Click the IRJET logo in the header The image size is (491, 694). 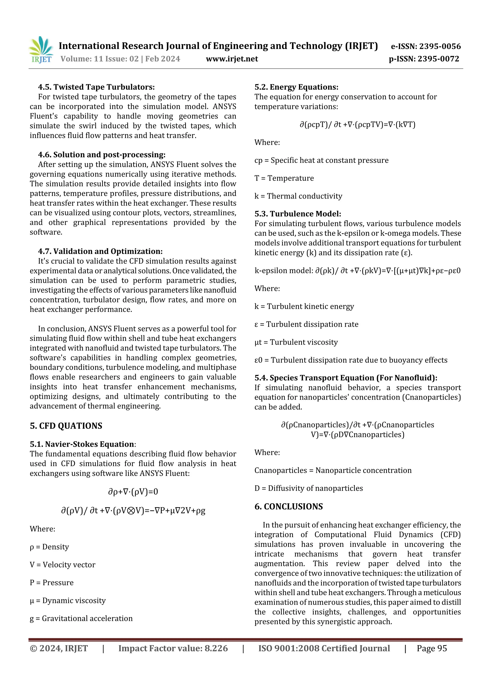click(x=41, y=50)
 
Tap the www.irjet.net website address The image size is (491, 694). click(x=232, y=59)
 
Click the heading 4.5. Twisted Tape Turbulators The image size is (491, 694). click(x=96, y=87)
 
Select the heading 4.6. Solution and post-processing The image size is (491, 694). click(x=102, y=155)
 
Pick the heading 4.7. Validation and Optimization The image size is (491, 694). click(x=100, y=251)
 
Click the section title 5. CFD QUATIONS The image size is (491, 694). click(x=66, y=426)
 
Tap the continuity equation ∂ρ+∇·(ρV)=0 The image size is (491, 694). click(x=133, y=492)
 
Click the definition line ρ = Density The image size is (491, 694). click(x=49, y=547)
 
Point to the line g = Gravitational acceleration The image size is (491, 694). click(x=81, y=619)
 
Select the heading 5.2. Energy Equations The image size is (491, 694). click(x=296, y=87)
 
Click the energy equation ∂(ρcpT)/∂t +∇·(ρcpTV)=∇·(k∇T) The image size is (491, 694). click(x=357, y=125)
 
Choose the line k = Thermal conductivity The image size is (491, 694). click(x=298, y=196)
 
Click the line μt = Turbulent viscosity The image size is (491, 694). click(x=296, y=342)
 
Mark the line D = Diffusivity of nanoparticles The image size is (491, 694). click(x=308, y=488)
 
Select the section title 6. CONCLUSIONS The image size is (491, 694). click(x=288, y=507)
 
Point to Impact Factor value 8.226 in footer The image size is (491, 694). click(x=173, y=648)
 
